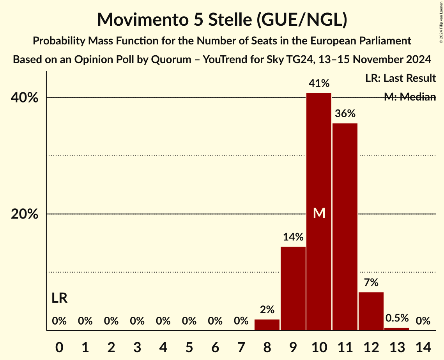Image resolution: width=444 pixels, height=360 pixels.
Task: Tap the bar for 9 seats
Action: tap(293, 288)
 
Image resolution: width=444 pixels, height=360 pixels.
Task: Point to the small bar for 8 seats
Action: tap(267, 325)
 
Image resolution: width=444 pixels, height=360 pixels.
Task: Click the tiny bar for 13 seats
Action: tap(397, 329)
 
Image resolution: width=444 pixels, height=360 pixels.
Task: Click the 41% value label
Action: tap(319, 83)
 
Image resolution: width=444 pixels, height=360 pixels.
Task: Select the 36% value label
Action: tap(345, 114)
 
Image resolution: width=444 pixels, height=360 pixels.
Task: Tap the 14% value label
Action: tap(293, 237)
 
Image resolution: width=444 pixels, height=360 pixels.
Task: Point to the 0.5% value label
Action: tap(397, 318)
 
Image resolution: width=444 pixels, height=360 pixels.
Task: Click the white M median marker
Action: tap(319, 213)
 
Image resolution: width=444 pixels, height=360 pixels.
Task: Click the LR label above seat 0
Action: tap(59, 298)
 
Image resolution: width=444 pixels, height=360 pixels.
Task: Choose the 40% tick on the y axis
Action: tap(25, 98)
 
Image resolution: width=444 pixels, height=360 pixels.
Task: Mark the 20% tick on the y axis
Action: tap(25, 214)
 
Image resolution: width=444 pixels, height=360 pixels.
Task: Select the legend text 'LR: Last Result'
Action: tap(400, 78)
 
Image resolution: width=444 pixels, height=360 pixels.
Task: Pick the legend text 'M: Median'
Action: tap(410, 97)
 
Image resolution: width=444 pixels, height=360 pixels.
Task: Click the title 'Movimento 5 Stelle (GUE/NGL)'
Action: tap(222, 19)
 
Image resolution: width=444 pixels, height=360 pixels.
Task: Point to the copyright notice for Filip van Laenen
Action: tap(441, 21)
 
